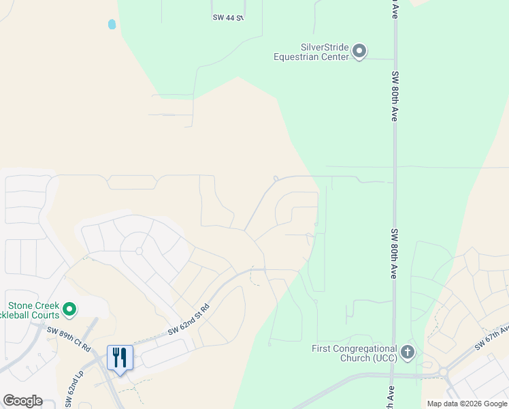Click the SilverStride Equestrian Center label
[x=311, y=52]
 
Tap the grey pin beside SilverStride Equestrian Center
[x=360, y=51]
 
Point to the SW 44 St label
[x=227, y=18]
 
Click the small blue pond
[x=112, y=25]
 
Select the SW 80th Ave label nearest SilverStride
[x=395, y=96]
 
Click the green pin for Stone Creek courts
[x=69, y=310]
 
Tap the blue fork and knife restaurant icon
[x=120, y=358]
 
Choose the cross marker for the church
[x=408, y=352]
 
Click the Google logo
[x=22, y=401]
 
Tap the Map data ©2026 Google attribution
[x=467, y=404]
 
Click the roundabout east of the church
[x=443, y=372]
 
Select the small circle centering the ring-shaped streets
[x=139, y=251]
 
